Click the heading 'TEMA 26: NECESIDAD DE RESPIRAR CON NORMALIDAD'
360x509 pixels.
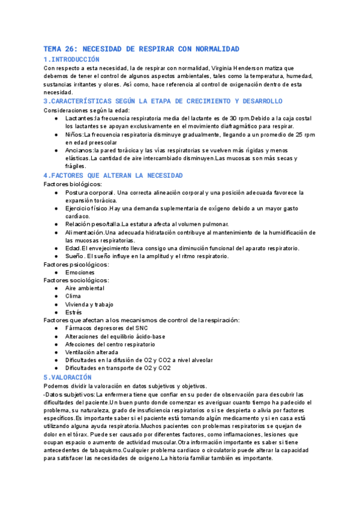point(142,49)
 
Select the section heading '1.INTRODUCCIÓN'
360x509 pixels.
point(72,59)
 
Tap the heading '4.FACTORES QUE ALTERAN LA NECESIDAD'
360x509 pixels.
point(113,175)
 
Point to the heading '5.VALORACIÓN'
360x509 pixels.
point(68,377)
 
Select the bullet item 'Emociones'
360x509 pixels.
point(80,272)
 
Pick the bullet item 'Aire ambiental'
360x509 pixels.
point(85,288)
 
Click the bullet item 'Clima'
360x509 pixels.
point(73,296)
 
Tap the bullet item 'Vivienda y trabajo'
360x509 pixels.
point(89,304)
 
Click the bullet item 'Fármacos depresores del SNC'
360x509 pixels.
point(107,328)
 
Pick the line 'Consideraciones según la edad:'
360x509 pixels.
point(86,110)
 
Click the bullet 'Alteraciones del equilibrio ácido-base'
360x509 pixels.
point(115,337)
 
